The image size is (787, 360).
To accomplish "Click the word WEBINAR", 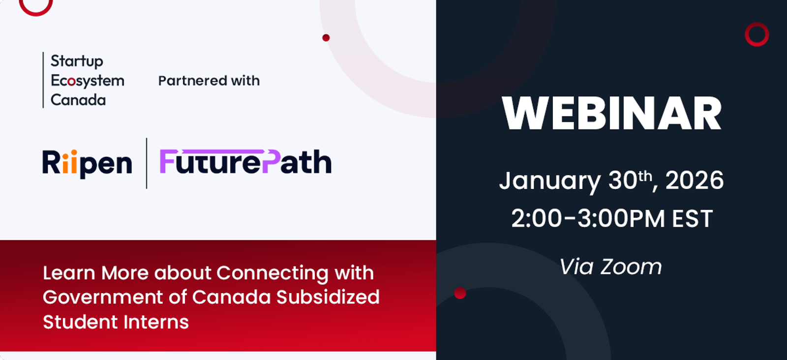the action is coord(612,113).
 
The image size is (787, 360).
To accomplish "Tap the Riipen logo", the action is coord(87,163).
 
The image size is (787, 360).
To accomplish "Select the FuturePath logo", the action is coord(245,162).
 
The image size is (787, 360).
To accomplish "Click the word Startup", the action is coord(77,61).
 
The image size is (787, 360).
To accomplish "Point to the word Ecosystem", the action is coord(88,81).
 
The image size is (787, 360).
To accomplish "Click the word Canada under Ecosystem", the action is coord(78,100).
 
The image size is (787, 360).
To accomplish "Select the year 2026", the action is coord(694,180).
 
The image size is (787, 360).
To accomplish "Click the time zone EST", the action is coord(693,219).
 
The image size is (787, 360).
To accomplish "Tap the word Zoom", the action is coord(631,267).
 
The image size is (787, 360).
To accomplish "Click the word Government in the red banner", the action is coord(102,297).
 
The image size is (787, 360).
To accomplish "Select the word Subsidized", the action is coord(328,297).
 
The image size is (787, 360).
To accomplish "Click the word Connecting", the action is coord(272,273).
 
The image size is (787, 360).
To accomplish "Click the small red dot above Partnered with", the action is coord(326,37).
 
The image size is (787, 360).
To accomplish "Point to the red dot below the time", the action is coord(460,293).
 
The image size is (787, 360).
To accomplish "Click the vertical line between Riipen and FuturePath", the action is coord(147,163).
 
